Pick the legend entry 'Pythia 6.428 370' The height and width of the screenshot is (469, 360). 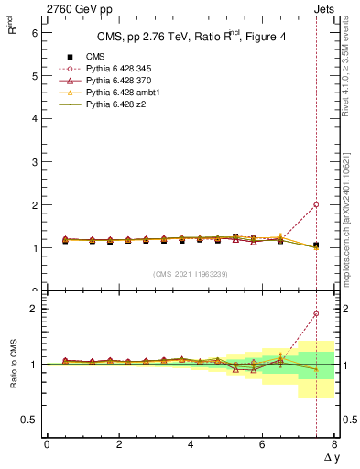118,81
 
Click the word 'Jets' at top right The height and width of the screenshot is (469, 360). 325,8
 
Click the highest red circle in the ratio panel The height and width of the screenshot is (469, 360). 316,313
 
